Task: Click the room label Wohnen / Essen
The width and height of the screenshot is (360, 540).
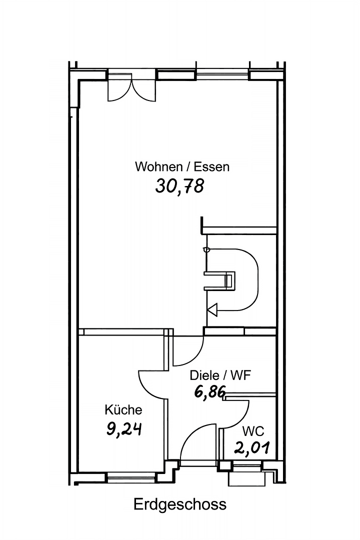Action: (182, 166)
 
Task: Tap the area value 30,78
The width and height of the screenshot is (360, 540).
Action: (180, 186)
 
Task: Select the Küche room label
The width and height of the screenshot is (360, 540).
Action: (123, 410)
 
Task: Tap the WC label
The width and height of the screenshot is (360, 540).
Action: (253, 431)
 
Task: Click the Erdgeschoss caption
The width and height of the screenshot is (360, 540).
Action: (180, 504)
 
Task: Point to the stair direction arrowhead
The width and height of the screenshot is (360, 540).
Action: (212, 310)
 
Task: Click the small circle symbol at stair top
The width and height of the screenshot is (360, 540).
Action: (205, 249)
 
